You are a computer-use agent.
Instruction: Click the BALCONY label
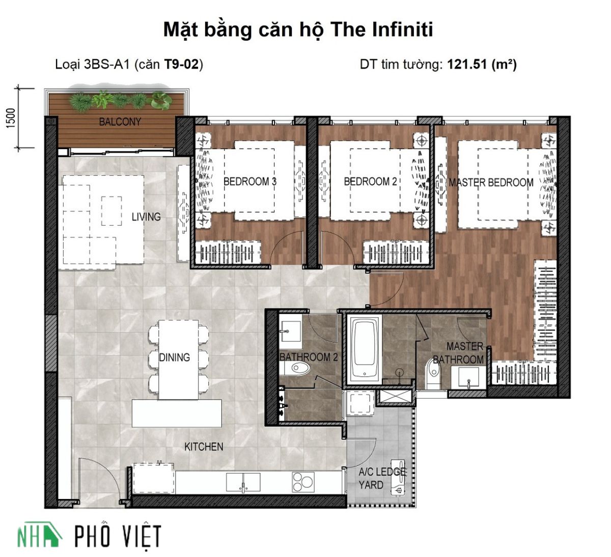pyautogui.click(x=120, y=122)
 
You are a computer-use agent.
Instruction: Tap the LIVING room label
pyautogui.click(x=146, y=217)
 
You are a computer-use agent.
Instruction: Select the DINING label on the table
pyautogui.click(x=175, y=357)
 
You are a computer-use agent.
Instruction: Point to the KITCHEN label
pyautogui.click(x=204, y=447)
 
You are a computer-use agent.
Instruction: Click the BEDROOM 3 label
pyautogui.click(x=250, y=182)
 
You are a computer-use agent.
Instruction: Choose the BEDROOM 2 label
pyautogui.click(x=370, y=182)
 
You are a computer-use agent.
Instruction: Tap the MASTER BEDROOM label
pyautogui.click(x=491, y=182)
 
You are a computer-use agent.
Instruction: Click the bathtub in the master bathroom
pyautogui.click(x=364, y=349)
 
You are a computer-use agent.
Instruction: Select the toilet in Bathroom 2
pyautogui.click(x=295, y=368)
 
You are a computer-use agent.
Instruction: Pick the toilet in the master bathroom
pyautogui.click(x=433, y=374)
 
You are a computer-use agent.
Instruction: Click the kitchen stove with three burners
pyautogui.click(x=303, y=482)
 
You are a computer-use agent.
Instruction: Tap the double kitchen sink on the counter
pyautogui.click(x=243, y=482)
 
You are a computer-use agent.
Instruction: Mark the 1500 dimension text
pyautogui.click(x=11, y=118)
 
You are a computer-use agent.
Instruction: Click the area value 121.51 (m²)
pyautogui.click(x=482, y=65)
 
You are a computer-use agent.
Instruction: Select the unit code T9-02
pyautogui.click(x=182, y=65)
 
